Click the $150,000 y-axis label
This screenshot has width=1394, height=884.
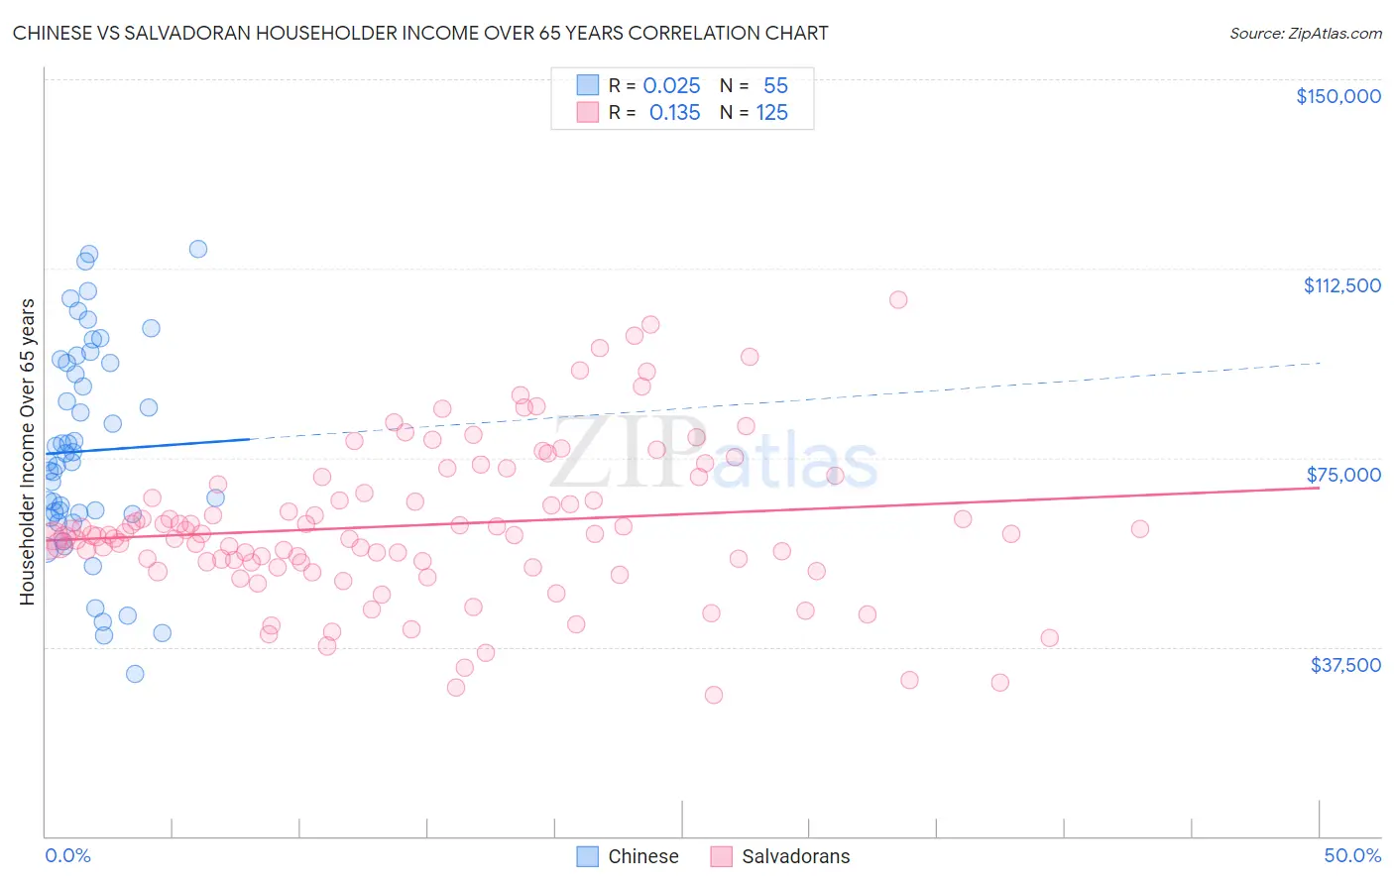[x=1337, y=96]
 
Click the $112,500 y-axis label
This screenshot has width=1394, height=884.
[x=1341, y=285]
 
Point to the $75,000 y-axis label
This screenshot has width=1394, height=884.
[x=1343, y=475]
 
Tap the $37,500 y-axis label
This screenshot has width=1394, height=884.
[x=1345, y=665]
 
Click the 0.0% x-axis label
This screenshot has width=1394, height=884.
[x=67, y=855]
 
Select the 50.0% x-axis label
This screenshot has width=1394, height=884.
[x=1352, y=855]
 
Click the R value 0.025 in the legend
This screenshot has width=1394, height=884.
[x=671, y=86]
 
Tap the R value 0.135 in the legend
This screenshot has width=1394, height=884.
[x=674, y=113]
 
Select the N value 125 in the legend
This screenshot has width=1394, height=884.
[x=771, y=113]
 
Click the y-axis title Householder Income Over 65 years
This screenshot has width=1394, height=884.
[x=28, y=451]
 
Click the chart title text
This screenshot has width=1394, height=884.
[x=420, y=33]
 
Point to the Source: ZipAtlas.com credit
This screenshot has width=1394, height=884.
[x=1305, y=33]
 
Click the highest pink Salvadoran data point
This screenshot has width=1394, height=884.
[x=898, y=299]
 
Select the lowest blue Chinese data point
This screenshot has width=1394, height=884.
[x=135, y=674]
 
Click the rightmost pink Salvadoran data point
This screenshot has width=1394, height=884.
[x=1140, y=529]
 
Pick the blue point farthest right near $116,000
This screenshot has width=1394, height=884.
[x=198, y=249]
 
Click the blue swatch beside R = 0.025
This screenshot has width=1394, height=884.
[x=588, y=86]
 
